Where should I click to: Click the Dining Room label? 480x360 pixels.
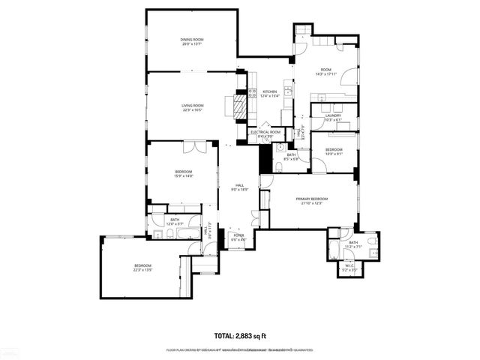coord(192,40)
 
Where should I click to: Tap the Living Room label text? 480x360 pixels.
coord(192,106)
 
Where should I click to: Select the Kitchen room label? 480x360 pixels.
coord(269,91)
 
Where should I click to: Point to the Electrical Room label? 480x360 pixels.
coord(265,132)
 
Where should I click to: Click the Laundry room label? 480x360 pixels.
coord(333,115)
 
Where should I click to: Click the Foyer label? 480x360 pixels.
coord(238,235)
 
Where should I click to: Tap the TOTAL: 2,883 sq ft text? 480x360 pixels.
coord(240,335)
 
